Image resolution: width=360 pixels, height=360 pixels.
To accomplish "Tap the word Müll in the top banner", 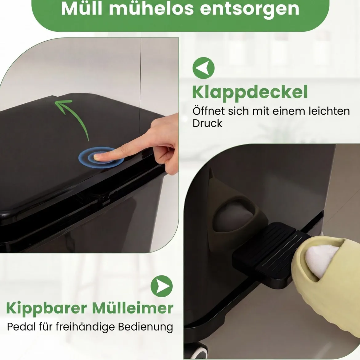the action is pos(82,9).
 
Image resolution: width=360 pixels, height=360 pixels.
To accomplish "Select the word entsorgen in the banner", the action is pos(250,10).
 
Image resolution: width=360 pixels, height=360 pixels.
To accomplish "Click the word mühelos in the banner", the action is pos(151,9).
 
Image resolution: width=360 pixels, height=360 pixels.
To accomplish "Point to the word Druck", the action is pos(207,123).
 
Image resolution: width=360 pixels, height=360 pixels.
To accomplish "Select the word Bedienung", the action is pos(145,327).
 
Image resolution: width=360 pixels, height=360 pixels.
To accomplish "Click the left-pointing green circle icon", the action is pos(203,68).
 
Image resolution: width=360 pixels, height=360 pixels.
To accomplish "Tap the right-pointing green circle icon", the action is pos(162,286).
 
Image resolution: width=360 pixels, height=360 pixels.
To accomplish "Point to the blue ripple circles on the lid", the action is pos(101,157).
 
